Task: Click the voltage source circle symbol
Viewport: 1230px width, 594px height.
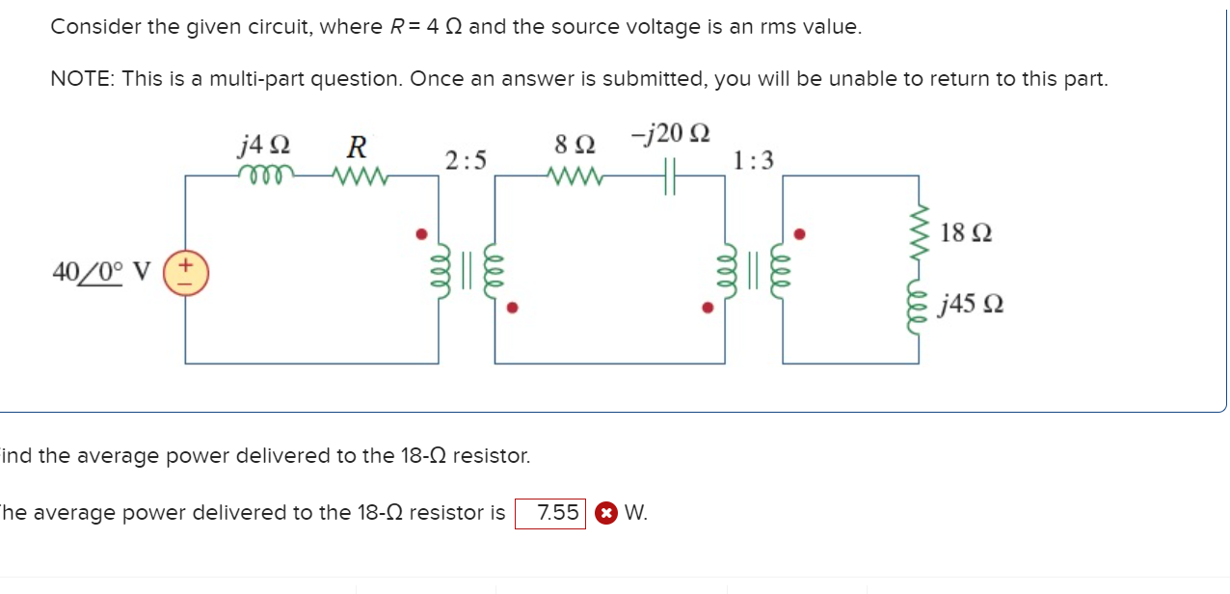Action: [185, 272]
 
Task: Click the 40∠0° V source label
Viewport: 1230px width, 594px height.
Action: [101, 272]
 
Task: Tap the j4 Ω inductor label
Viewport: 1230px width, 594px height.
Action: [263, 147]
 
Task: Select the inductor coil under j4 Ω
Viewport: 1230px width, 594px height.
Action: [263, 175]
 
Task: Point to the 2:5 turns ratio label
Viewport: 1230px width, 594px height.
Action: [466, 159]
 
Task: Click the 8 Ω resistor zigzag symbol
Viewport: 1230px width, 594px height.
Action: [575, 175]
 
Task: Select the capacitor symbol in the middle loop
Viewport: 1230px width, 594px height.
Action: [672, 176]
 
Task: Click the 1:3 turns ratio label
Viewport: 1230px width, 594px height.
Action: [753, 160]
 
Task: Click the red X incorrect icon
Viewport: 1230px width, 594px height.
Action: [604, 514]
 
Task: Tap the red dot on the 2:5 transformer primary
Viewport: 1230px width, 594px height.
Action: [419, 233]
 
